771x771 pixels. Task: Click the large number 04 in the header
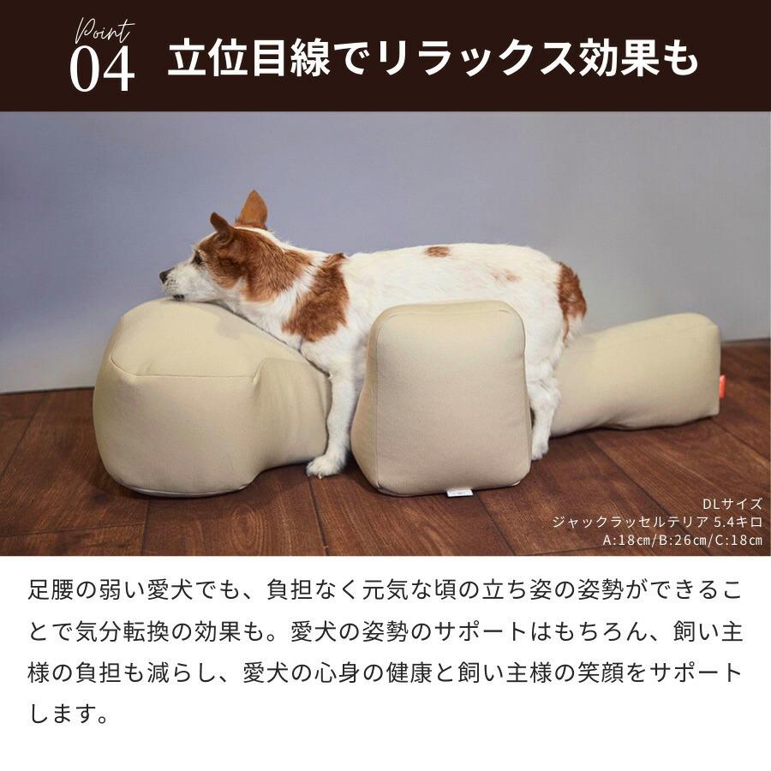[102, 69]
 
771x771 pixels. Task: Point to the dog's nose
[164, 277]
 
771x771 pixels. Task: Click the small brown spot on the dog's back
[437, 251]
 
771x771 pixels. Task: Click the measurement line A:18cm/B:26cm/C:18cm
[682, 540]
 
